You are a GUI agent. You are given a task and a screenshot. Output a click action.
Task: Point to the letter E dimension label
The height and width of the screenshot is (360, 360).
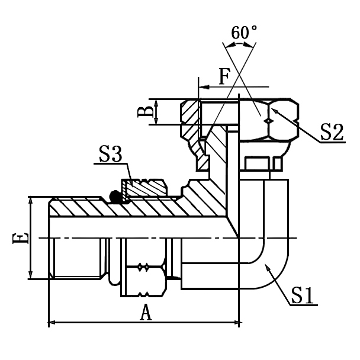coord(20,238)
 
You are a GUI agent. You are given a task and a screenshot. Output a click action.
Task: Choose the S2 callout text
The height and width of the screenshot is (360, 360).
coord(330,131)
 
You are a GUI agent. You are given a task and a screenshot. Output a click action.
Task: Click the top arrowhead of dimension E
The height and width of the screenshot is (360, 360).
coord(30,200)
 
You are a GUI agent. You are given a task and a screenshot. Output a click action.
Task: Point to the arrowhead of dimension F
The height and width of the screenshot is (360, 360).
coord(203,87)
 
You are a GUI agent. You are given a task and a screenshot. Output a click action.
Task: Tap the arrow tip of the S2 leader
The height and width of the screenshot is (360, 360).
coord(275,108)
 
